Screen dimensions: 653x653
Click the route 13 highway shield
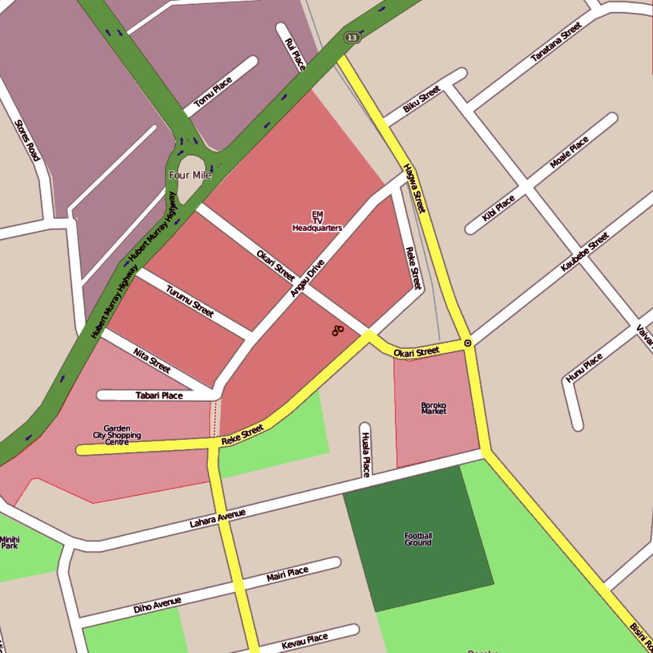(x=352, y=38)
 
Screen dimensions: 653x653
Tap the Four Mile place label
(x=189, y=175)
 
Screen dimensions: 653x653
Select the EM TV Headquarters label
(x=317, y=221)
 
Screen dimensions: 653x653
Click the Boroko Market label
(x=434, y=408)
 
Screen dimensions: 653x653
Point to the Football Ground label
(x=418, y=539)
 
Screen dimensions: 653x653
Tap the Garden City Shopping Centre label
(x=117, y=436)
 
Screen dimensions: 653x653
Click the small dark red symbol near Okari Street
(x=337, y=330)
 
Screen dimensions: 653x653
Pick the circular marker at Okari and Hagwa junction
(x=467, y=343)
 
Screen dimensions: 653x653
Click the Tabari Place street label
(x=159, y=395)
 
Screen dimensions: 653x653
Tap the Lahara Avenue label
(x=217, y=518)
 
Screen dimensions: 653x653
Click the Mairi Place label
(x=287, y=575)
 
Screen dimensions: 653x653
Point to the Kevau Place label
(x=304, y=642)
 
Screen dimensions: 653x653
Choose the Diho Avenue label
(x=158, y=605)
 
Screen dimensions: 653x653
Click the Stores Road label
(x=27, y=140)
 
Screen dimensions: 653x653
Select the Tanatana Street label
(x=556, y=42)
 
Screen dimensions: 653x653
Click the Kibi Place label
(x=498, y=209)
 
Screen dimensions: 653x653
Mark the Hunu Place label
(x=584, y=369)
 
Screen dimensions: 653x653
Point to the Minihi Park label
(x=10, y=543)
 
